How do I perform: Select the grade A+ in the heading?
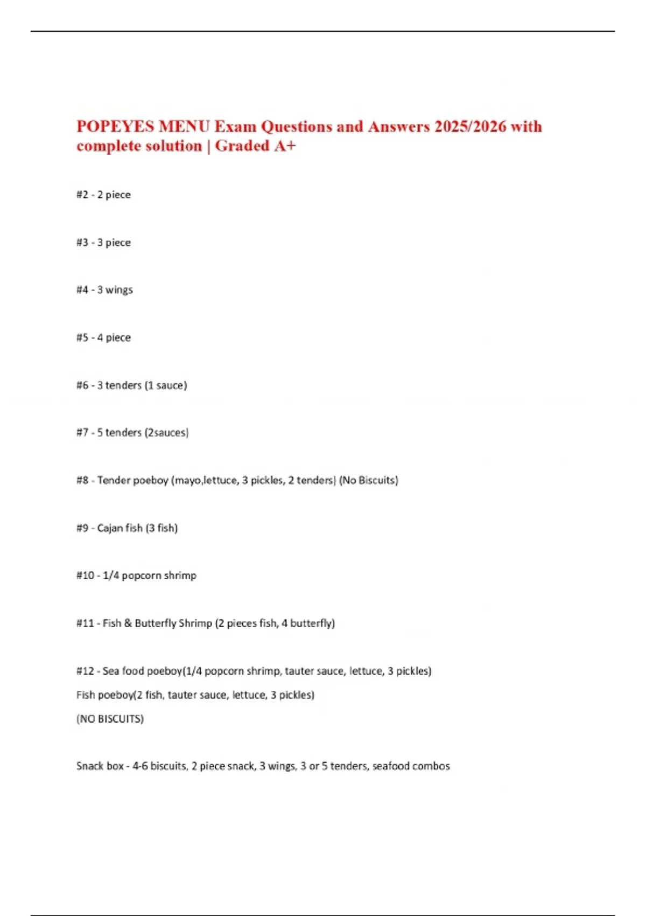tap(285, 146)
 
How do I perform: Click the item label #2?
tap(82, 195)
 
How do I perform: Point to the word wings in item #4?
tap(119, 290)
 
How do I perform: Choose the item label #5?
tap(82, 338)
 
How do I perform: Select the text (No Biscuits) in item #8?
tap(369, 481)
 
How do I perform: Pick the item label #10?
tap(85, 576)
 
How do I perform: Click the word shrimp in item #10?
tap(180, 576)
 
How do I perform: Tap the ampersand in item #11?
tap(128, 623)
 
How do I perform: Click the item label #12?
tap(85, 671)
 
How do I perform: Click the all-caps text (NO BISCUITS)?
tap(110, 719)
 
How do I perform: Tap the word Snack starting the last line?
tap(89, 766)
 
